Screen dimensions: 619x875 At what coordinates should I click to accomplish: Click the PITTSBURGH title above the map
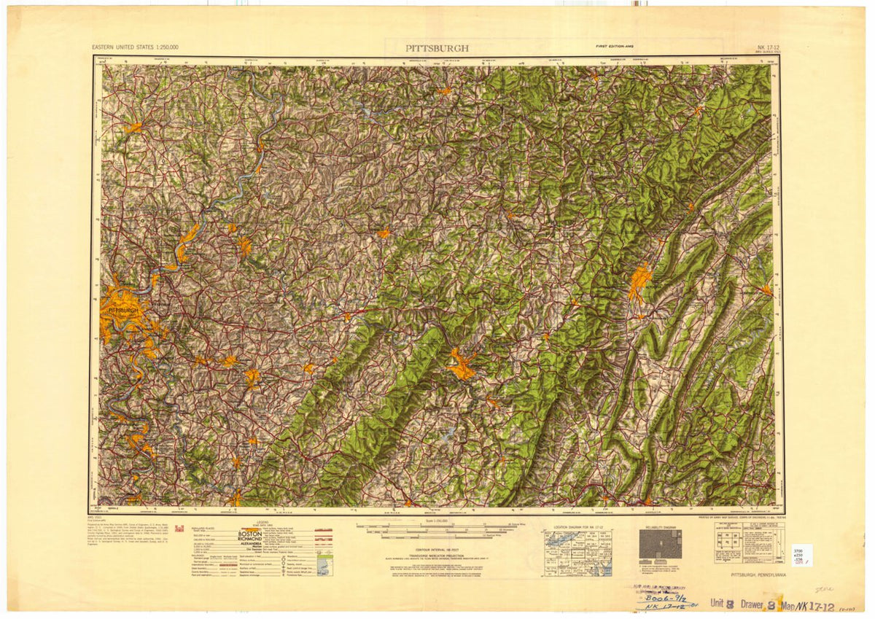[437, 48]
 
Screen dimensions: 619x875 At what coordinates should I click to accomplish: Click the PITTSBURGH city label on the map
[122, 310]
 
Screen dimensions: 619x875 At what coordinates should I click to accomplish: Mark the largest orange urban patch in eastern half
[639, 282]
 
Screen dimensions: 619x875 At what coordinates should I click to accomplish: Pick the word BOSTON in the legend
[250, 534]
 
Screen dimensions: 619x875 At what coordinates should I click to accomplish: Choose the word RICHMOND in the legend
[250, 542]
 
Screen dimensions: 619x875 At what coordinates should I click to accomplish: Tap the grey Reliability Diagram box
[660, 544]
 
